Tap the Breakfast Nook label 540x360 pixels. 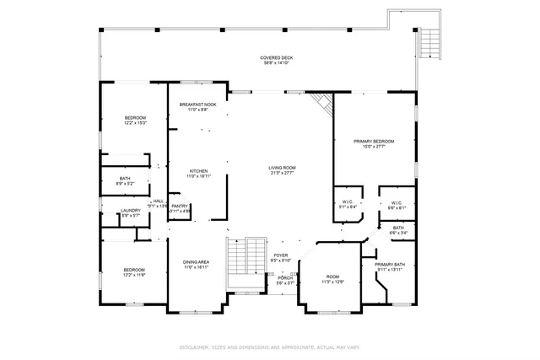pos(197,105)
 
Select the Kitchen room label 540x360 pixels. pos(197,171)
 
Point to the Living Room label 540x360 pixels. pos(282,168)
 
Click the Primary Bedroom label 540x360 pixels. pos(373,141)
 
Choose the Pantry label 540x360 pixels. pos(180,206)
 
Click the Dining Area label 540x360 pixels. pos(197,262)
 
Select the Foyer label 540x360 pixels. pos(280,255)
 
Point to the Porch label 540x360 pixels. pos(285,277)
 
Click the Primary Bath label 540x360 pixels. pos(389,264)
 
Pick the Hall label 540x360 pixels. pos(158,201)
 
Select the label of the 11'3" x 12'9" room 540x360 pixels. pos(332,277)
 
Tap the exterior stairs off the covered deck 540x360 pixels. pos(429,40)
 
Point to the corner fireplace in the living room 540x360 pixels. pos(321,105)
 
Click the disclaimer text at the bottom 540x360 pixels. pos(269,347)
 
